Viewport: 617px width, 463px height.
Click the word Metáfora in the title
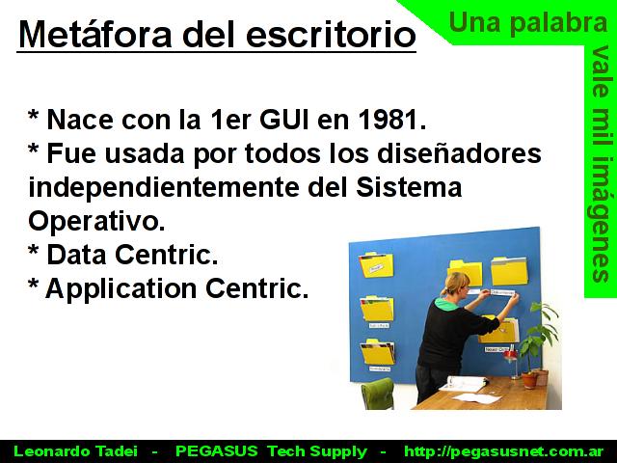(x=95, y=34)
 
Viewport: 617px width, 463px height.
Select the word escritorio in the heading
(x=331, y=34)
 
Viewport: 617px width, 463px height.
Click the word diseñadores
(x=459, y=153)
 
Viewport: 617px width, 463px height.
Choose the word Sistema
(x=409, y=187)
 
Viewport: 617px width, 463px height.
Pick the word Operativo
(x=96, y=221)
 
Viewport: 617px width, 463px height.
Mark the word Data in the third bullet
(x=76, y=255)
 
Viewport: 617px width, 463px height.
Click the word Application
(x=121, y=288)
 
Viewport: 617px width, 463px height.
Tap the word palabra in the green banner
(x=559, y=22)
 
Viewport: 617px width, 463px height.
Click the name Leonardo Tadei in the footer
(x=75, y=451)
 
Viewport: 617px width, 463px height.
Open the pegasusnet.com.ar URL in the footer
(x=503, y=451)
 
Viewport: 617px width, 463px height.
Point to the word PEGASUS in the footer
(x=216, y=451)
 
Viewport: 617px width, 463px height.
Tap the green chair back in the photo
(x=377, y=392)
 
